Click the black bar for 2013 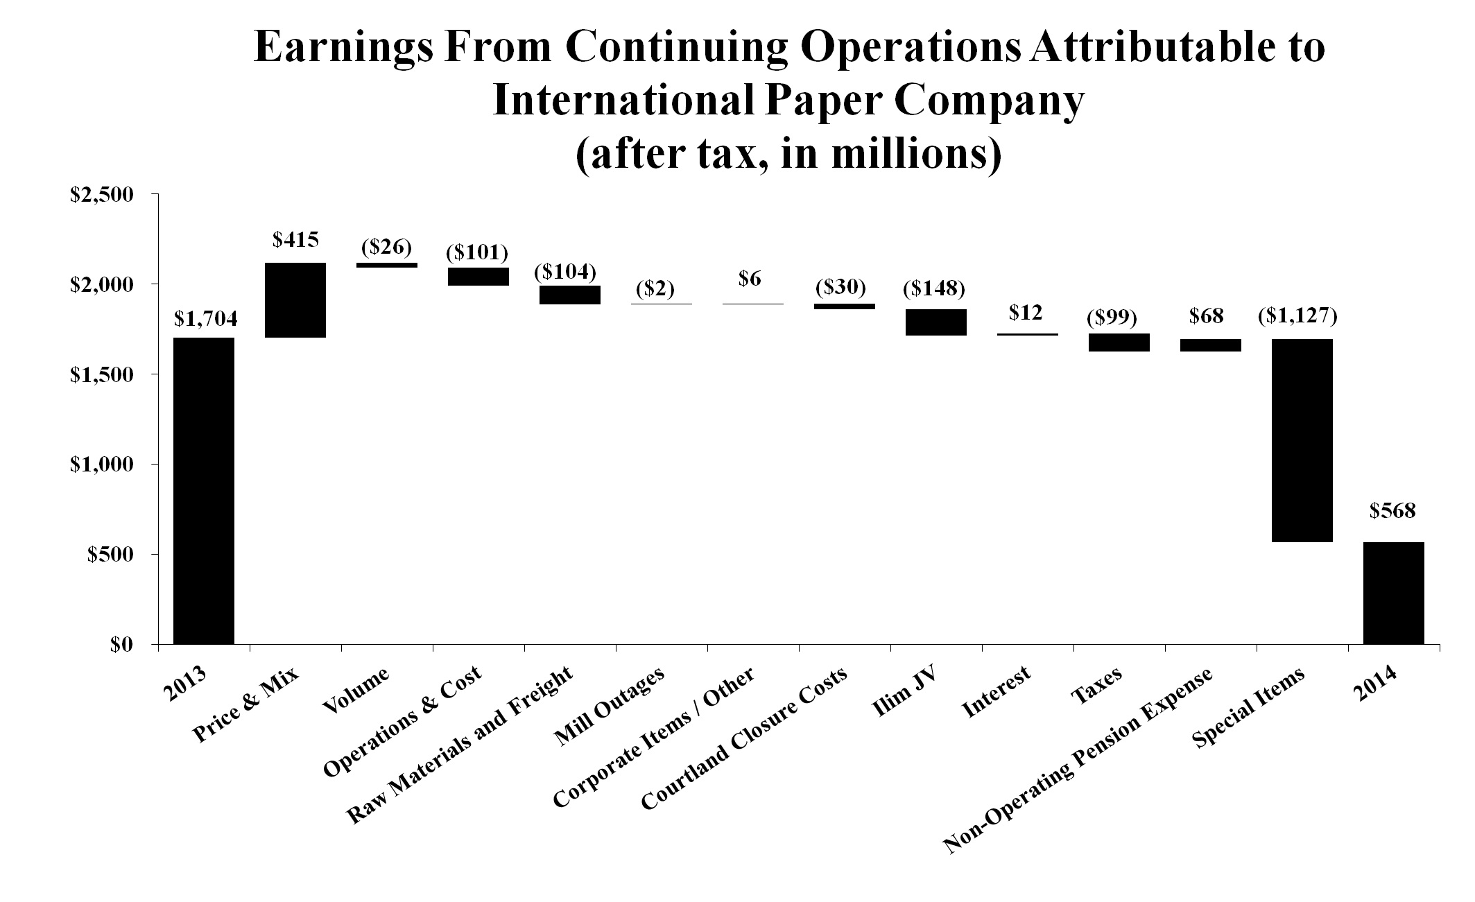[x=204, y=491]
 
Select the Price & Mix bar [x=295, y=300]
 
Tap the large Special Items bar [x=1302, y=440]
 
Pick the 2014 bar [x=1393, y=593]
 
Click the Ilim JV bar [x=936, y=322]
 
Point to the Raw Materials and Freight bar [x=570, y=295]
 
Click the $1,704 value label [x=205, y=319]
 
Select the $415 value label [x=295, y=241]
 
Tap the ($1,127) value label [x=1297, y=317]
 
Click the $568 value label [x=1392, y=511]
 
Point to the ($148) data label [x=934, y=288]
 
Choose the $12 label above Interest [x=1026, y=313]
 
